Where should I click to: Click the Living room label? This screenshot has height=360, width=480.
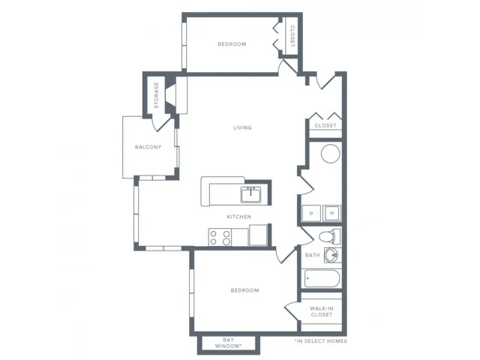click(242, 127)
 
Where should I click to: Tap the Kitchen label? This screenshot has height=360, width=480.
click(239, 217)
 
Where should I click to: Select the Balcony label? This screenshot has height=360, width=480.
click(148, 147)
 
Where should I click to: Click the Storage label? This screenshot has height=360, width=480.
click(157, 95)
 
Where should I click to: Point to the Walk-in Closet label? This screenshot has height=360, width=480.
click(322, 312)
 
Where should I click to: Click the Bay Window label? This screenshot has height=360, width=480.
click(228, 343)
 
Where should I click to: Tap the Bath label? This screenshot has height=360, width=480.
click(312, 255)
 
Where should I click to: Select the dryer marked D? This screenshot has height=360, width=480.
click(311, 213)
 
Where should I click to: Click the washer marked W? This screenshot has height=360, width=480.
click(331, 213)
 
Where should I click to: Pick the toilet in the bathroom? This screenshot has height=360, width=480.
click(329, 237)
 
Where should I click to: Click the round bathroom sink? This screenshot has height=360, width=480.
click(331, 255)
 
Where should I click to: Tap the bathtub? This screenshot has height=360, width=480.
click(322, 278)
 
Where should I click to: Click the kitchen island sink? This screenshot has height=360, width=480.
click(250, 195)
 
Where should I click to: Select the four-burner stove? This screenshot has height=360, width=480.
click(220, 237)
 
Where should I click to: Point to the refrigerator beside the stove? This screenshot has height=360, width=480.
click(258, 235)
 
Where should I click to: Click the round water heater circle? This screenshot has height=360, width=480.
click(330, 153)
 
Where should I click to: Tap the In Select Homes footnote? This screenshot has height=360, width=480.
click(320, 341)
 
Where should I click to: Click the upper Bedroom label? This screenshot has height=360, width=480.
click(232, 44)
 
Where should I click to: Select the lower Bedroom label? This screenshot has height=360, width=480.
click(245, 290)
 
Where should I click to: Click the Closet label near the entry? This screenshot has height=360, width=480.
click(325, 125)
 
